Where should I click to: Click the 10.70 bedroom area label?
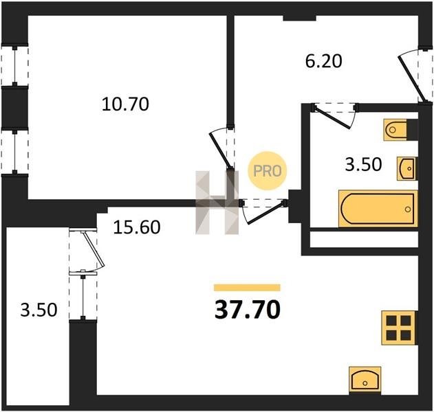pos(125,104)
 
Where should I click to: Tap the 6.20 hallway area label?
pos(323,61)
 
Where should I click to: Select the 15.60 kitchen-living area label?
pos(137,227)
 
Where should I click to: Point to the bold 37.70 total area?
pos(248,310)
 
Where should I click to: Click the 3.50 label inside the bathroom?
pos(363,164)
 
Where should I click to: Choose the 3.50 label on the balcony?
pos(39,310)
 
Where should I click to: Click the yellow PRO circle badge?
pos(268,170)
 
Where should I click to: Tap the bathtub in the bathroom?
pos(378,209)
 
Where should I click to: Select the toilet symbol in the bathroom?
pos(395,130)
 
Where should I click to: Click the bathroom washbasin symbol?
pos(407,168)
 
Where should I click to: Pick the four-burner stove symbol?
pos(398,328)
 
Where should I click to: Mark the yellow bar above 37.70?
pos(247,288)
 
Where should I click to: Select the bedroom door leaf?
pos(220,151)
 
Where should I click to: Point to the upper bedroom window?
pos(14,66)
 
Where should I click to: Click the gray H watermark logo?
pos(217,203)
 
